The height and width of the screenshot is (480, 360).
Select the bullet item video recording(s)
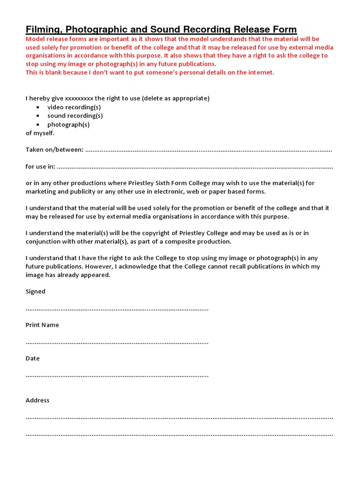(x=74, y=107)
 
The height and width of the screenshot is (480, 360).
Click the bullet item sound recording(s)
(x=75, y=116)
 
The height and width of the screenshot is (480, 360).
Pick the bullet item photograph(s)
(x=68, y=125)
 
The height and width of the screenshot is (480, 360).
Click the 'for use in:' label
(x=40, y=166)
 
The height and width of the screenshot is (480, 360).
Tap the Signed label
(x=36, y=292)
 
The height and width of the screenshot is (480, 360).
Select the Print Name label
(x=42, y=325)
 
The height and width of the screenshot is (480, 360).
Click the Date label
(x=33, y=359)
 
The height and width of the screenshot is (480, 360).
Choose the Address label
(x=37, y=400)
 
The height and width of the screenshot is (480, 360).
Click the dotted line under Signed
(x=117, y=309)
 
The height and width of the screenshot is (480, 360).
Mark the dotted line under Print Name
(x=117, y=343)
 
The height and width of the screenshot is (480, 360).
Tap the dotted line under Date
(x=117, y=376)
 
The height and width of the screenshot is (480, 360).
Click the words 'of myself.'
(x=40, y=133)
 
